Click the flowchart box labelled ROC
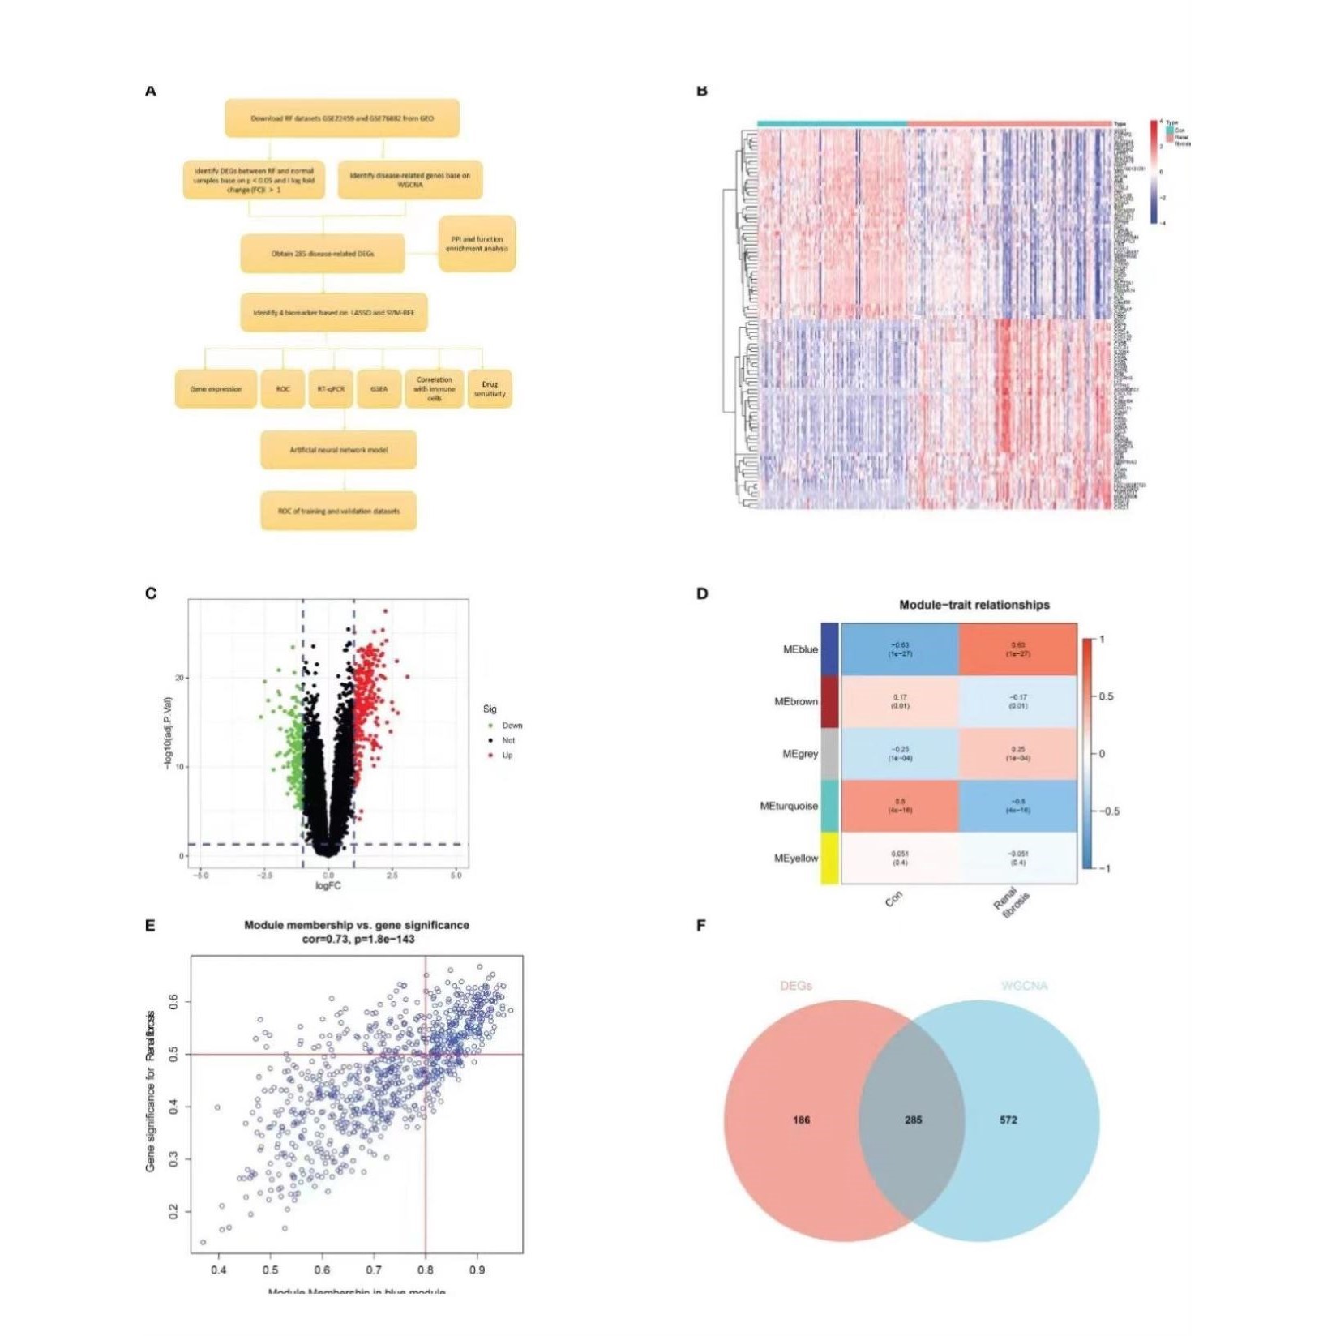[281, 389]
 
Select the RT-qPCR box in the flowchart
[331, 389]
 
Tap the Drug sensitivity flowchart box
[489, 389]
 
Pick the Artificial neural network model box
[338, 450]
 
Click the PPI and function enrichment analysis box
[477, 243]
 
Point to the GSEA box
[379, 389]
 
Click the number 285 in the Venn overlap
[913, 1120]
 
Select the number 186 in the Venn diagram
[801, 1120]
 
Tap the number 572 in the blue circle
[1008, 1120]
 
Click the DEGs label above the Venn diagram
[795, 986]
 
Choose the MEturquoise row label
[789, 806]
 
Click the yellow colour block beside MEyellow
[829, 858]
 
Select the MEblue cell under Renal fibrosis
[1017, 649]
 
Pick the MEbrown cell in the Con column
[900, 701]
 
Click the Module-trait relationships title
[974, 605]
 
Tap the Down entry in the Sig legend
[512, 726]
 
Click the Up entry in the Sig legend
[507, 756]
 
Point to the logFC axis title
[328, 886]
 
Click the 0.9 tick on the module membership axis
[477, 1269]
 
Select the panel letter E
[150, 926]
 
